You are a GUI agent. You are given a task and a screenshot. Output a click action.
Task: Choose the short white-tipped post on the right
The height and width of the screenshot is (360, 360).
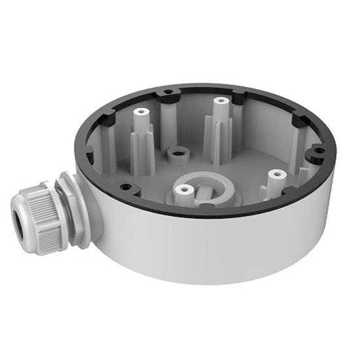(x=277, y=175)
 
